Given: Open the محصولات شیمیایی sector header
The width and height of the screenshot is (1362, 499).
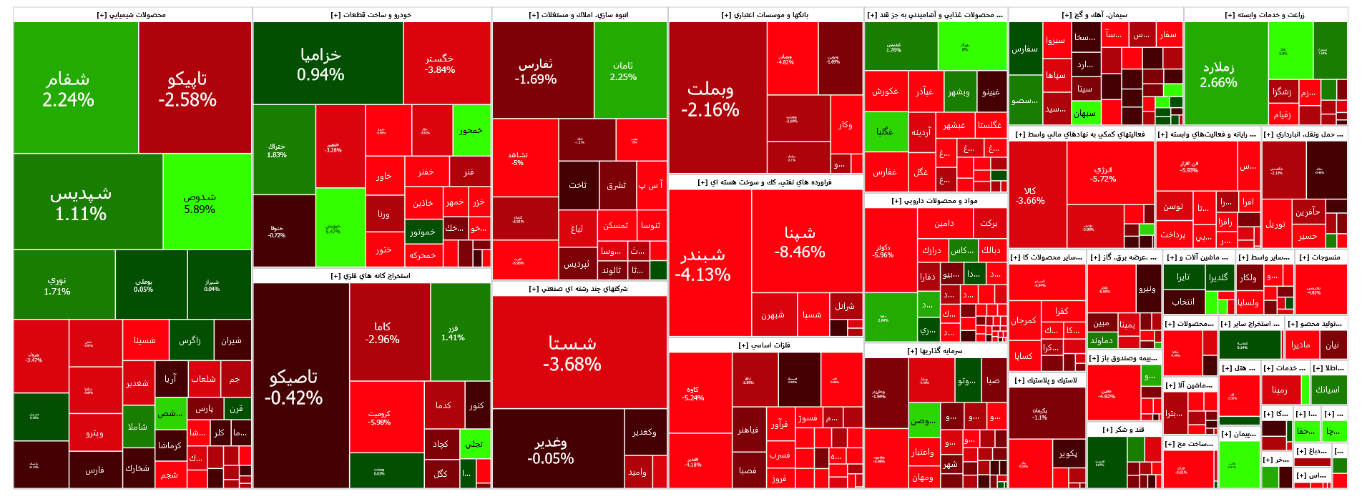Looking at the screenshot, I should coord(132,15).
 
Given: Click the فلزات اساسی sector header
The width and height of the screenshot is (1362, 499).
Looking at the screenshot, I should coord(765,345).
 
